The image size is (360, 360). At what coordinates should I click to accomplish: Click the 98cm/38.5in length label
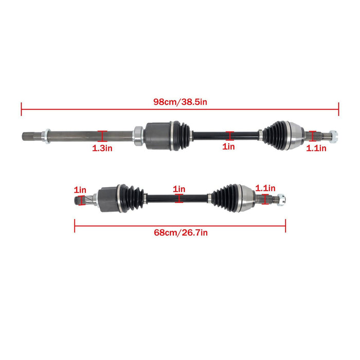tap(180, 102)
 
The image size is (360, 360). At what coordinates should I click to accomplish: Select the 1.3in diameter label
tap(102, 148)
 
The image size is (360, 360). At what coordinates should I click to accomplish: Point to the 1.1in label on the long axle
tap(316, 148)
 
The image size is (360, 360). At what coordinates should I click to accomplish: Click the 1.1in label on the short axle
tap(265, 189)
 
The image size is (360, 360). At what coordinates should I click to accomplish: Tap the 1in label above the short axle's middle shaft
tap(179, 189)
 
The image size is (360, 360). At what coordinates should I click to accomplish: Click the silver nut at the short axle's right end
tap(282, 200)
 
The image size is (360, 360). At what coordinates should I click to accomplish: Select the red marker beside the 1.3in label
tap(102, 136)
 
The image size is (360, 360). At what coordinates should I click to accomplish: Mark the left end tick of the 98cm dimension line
tap(22, 109)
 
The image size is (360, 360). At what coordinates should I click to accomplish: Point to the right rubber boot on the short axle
tap(225, 196)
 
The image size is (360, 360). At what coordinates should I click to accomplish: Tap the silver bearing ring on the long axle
tap(138, 135)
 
